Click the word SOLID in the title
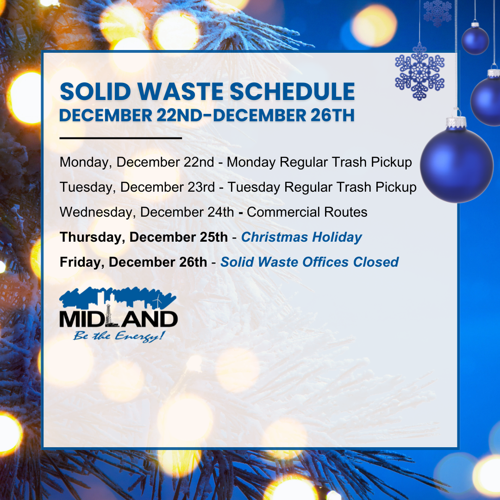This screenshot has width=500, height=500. pyautogui.click(x=95, y=92)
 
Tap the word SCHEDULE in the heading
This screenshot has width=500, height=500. pyautogui.click(x=292, y=92)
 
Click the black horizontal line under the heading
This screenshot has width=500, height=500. pyautogui.click(x=120, y=138)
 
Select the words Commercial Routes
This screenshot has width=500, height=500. pyautogui.click(x=307, y=212)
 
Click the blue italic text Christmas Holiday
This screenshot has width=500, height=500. pyautogui.click(x=302, y=237)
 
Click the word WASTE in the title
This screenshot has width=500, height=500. pyautogui.click(x=180, y=92)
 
